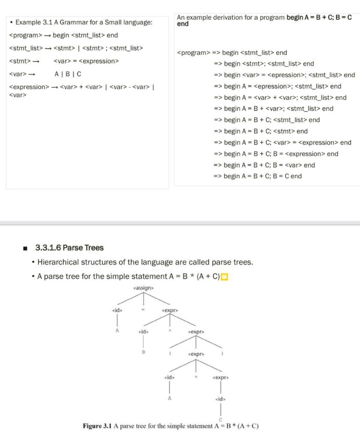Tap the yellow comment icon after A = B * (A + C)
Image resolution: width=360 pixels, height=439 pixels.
click(224, 277)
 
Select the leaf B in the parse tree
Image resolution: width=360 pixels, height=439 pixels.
click(144, 352)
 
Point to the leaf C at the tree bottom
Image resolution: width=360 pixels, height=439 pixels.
click(221, 419)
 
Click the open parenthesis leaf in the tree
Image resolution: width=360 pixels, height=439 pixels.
click(170, 354)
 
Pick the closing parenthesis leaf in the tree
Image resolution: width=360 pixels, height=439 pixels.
click(222, 354)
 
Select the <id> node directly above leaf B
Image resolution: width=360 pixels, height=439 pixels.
click(144, 331)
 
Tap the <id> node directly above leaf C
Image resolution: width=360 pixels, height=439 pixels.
click(221, 399)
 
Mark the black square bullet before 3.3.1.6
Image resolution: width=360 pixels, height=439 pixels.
click(25, 248)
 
